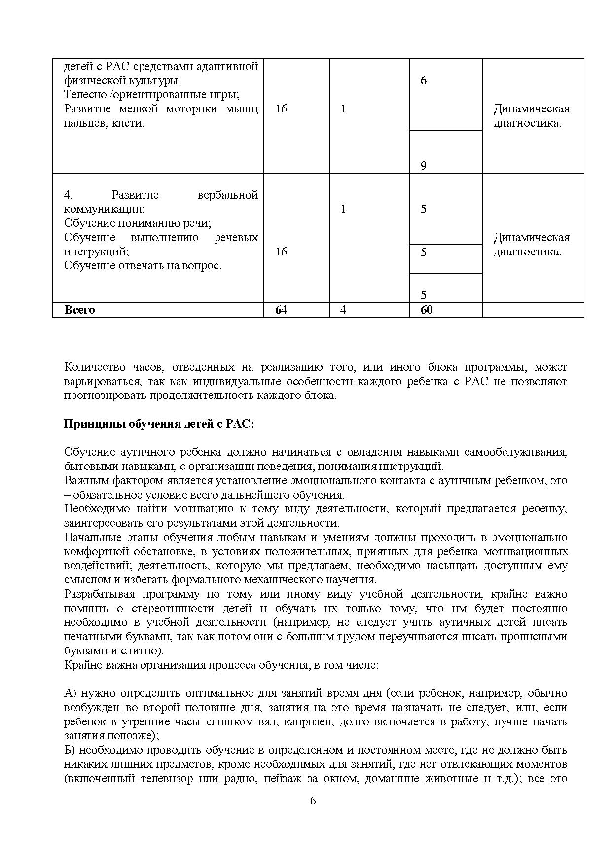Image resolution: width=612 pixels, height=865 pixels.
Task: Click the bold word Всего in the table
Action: tap(79, 310)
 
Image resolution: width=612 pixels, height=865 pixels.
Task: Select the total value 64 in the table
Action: tap(281, 310)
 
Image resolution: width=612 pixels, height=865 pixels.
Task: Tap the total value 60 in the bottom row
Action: tap(427, 310)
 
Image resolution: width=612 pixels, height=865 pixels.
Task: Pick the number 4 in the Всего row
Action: tap(343, 310)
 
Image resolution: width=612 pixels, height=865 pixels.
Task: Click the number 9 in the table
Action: tap(424, 166)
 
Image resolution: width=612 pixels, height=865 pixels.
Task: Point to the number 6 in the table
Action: tap(424, 80)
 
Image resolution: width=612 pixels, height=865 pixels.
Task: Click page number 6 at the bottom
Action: tap(313, 800)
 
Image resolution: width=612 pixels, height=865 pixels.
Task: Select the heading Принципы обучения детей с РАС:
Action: tap(159, 424)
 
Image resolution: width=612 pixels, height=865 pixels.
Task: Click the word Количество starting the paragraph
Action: tap(93, 367)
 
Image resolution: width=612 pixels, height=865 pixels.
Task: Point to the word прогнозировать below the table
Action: tap(105, 396)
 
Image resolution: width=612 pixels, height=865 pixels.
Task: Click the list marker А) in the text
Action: tap(71, 693)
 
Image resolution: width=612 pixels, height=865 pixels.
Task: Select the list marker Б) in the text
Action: tap(71, 750)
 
